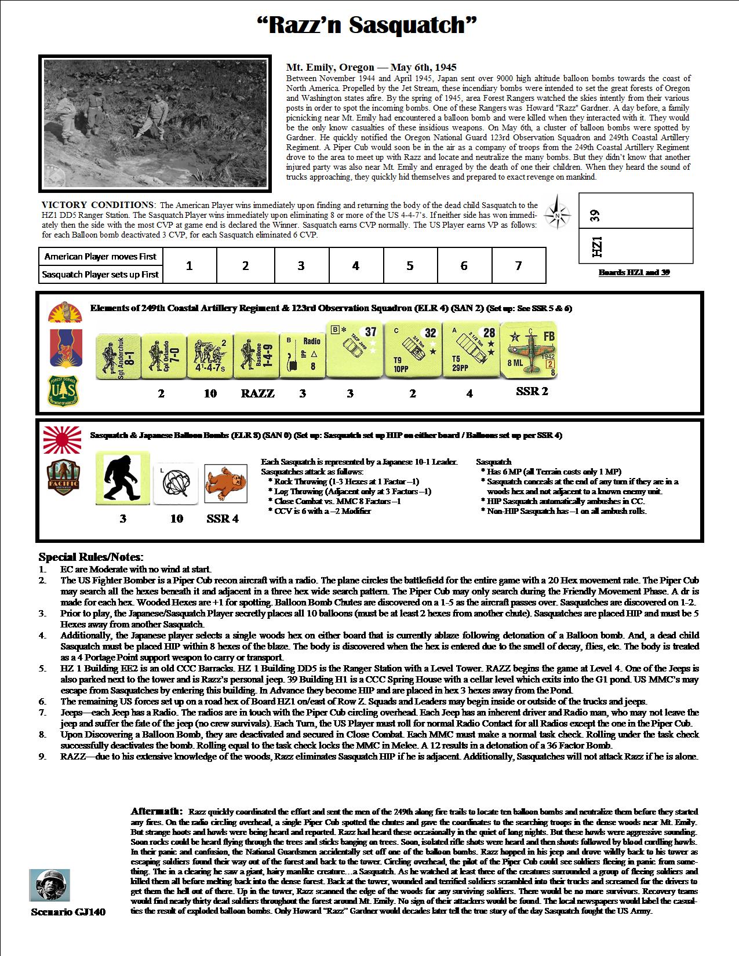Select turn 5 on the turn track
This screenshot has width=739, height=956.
pyautogui.click(x=410, y=266)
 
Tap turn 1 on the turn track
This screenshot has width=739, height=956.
pyautogui.click(x=189, y=266)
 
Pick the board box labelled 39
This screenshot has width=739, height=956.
pyautogui.click(x=636, y=211)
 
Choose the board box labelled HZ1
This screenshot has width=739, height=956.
pyautogui.click(x=636, y=246)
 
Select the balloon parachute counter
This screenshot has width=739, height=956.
pyautogui.click(x=176, y=483)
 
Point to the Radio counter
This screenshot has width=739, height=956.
pyautogui.click(x=303, y=355)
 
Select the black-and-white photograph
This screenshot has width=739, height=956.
pyautogui.click(x=155, y=123)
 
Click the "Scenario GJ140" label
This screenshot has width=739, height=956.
pyautogui.click(x=68, y=912)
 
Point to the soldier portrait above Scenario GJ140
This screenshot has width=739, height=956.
pyautogui.click(x=47, y=885)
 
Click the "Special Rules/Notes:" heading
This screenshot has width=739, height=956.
pyautogui.click(x=91, y=557)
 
